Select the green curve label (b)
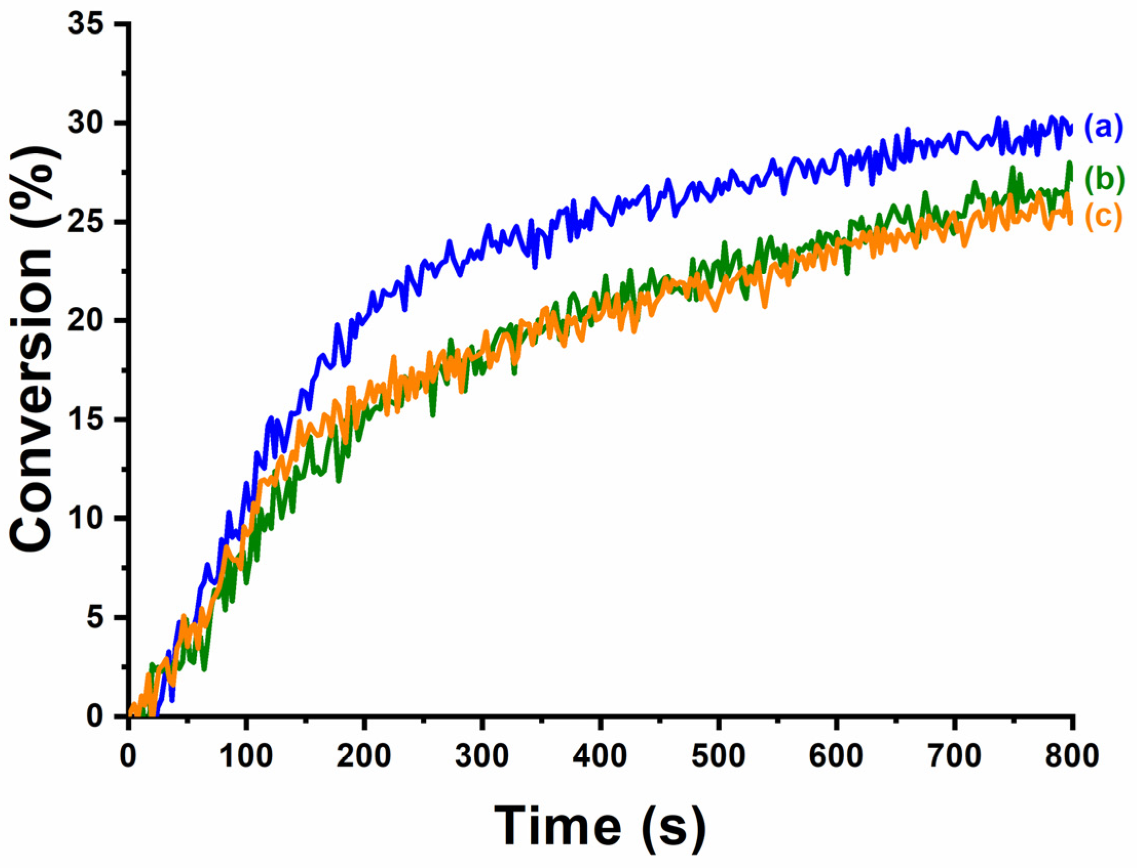coord(1104,179)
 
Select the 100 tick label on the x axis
coord(246,756)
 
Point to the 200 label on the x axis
coord(364,756)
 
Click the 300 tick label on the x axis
coord(482,756)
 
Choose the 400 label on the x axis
coord(600,756)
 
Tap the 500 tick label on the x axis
coord(718,756)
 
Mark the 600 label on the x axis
coord(836,756)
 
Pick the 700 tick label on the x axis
coord(954,756)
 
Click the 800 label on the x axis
coord(1072,756)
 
